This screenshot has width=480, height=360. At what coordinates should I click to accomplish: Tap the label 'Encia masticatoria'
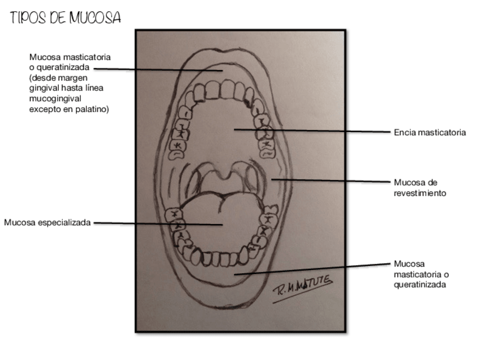pyautogui.click(x=430, y=133)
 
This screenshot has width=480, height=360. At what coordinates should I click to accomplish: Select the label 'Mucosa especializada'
pyautogui.click(x=48, y=222)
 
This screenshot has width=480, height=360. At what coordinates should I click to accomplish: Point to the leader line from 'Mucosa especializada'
pyautogui.click(x=158, y=224)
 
